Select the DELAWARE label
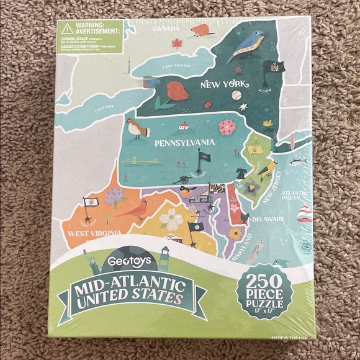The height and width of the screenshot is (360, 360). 268,220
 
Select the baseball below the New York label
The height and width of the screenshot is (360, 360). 236,96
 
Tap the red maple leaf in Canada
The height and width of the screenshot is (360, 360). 177,43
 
